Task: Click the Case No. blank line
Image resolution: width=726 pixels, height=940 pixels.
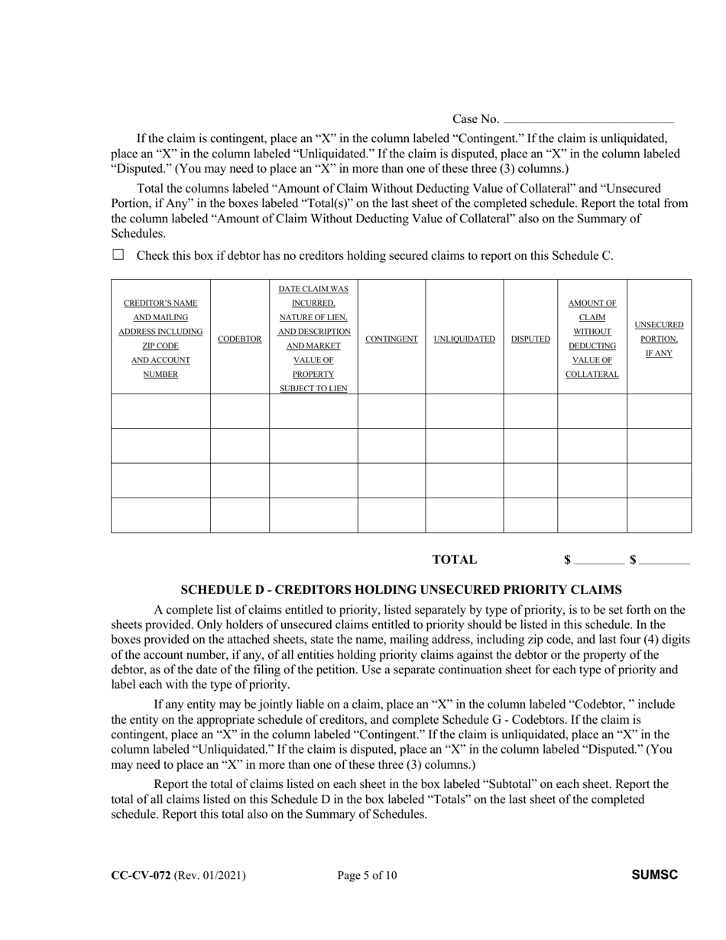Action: click(x=588, y=121)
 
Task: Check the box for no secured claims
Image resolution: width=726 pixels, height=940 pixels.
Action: click(x=118, y=255)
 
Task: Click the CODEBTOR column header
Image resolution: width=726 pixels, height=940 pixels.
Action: click(x=240, y=339)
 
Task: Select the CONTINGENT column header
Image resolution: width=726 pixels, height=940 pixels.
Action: click(x=391, y=339)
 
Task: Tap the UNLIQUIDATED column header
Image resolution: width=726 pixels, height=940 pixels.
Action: click(x=465, y=339)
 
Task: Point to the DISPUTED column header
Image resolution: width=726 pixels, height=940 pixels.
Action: click(x=530, y=339)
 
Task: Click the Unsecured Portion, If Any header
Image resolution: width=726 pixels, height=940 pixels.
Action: click(x=659, y=339)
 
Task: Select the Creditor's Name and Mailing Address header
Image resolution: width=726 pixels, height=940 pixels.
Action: click(x=160, y=339)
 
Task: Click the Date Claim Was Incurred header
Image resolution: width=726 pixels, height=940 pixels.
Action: click(x=313, y=339)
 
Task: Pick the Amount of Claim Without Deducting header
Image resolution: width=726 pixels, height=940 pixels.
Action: click(x=592, y=339)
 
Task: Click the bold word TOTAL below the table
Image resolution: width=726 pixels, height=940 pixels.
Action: click(x=454, y=559)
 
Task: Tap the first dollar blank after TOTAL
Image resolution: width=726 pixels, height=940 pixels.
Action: click(x=598, y=562)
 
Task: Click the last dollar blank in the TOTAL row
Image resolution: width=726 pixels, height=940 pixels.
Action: click(x=664, y=562)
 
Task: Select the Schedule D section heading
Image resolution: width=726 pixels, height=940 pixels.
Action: click(x=400, y=590)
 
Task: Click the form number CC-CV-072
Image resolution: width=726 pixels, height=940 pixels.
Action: click(x=141, y=876)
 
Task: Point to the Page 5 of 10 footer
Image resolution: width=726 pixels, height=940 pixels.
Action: click(x=367, y=876)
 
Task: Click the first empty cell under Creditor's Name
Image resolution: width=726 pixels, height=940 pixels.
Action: click(x=160, y=411)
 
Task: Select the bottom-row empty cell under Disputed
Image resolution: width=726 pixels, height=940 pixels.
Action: click(x=530, y=515)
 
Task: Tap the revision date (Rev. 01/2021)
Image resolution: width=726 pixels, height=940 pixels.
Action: click(x=210, y=876)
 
